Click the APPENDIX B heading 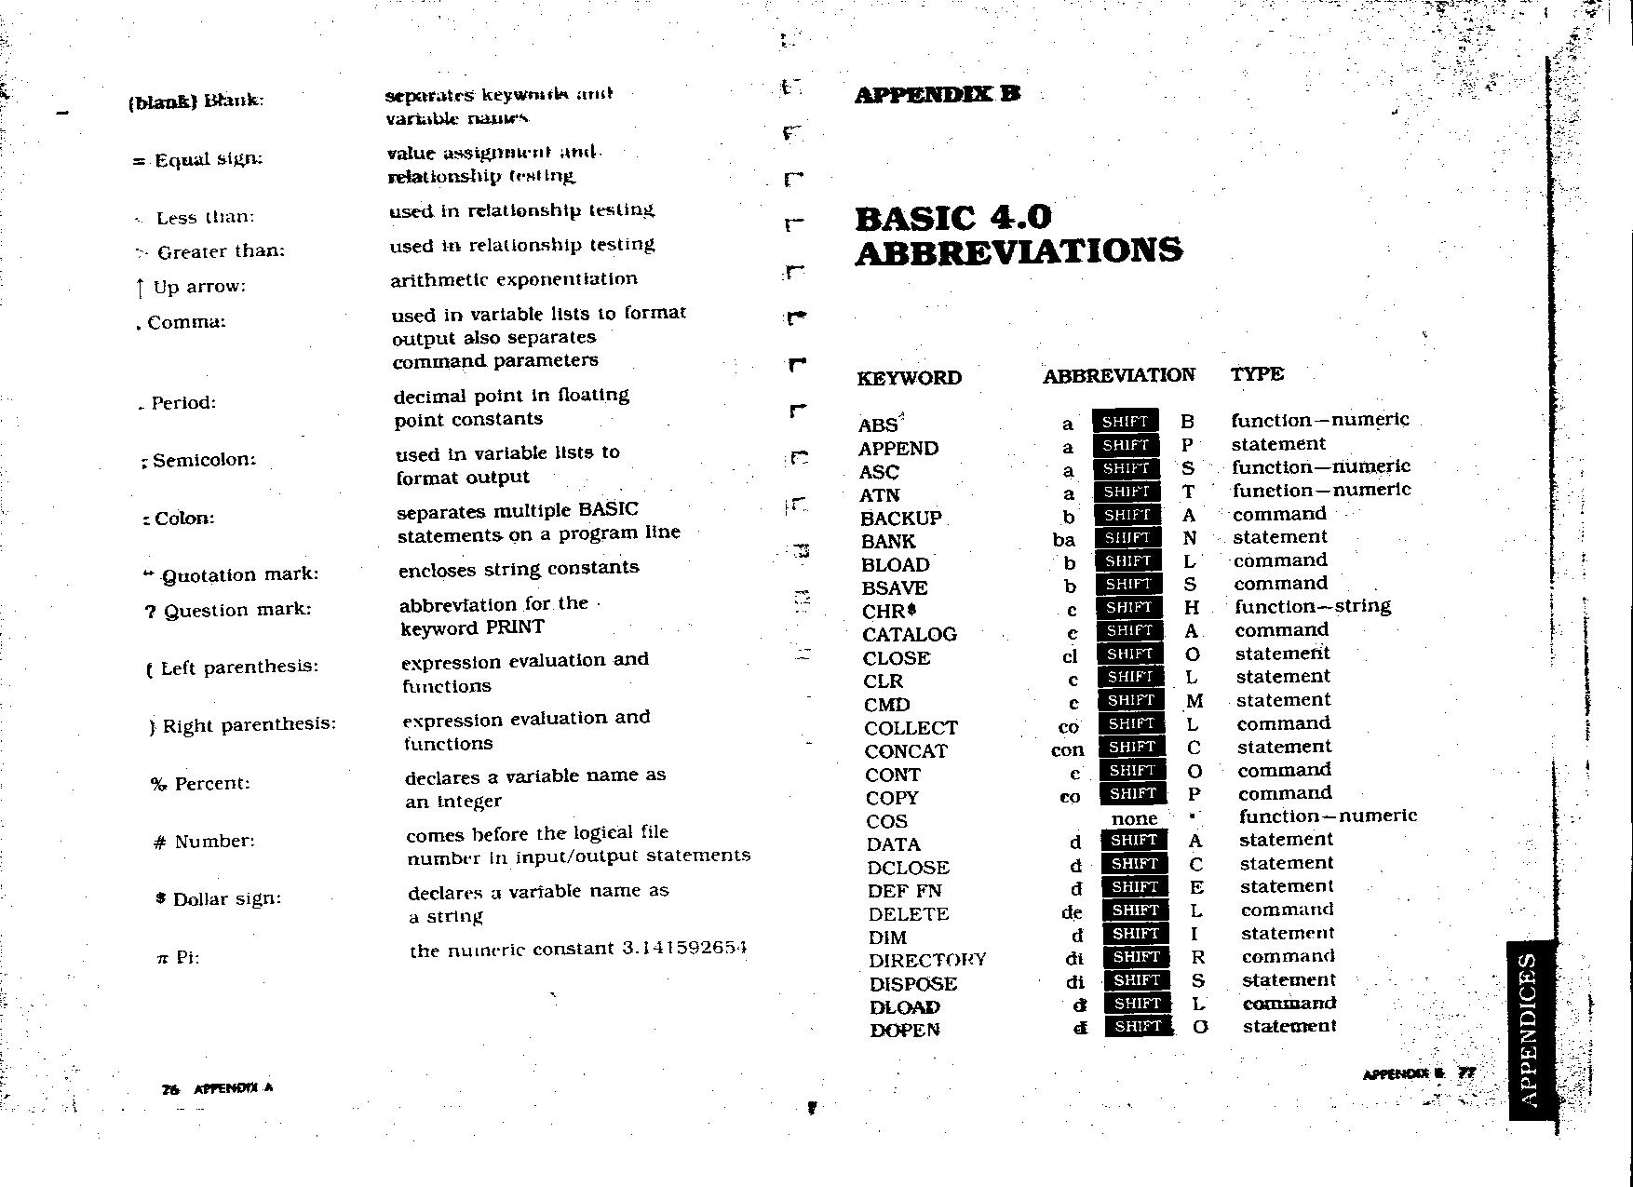coord(938,94)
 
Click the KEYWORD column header coord(910,378)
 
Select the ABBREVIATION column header coord(1118,375)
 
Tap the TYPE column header coord(1257,374)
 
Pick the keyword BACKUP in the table coord(900,519)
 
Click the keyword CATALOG coord(909,635)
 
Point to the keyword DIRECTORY coord(927,961)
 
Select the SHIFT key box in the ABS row coord(1125,422)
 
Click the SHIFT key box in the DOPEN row coord(1138,1027)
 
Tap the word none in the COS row coord(1134,819)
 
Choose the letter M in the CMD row coord(1194,701)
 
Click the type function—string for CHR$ coord(1313,607)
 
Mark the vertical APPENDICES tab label coord(1531,1030)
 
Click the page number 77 coord(1466,1072)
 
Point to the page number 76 coord(170,1089)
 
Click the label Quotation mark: coord(239,575)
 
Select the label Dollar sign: coord(226,899)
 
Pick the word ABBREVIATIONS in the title coord(1019,251)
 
